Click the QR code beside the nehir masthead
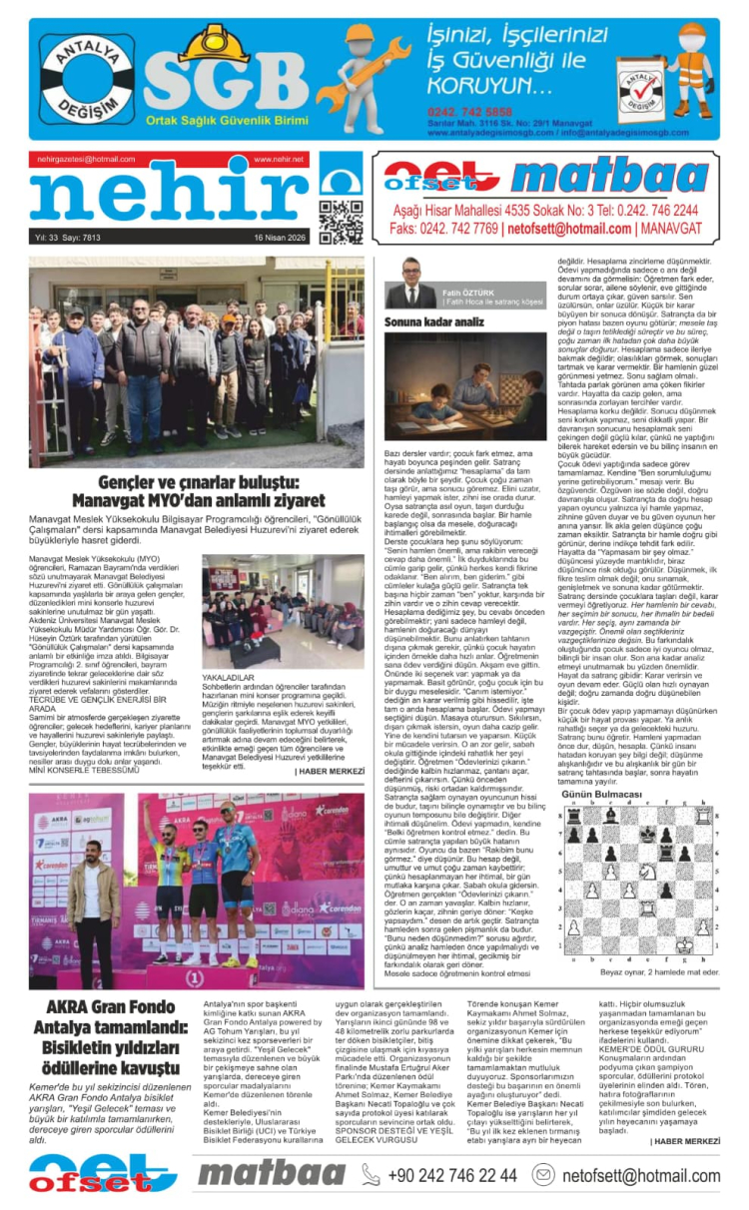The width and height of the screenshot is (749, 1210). [x=341, y=222]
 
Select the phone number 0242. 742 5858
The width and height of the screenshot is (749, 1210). [x=469, y=111]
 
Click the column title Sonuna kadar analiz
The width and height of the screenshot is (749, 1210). [x=434, y=321]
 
